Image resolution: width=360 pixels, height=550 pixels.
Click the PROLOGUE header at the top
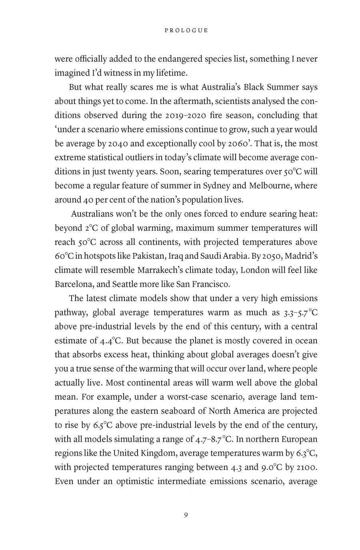[x=186, y=30]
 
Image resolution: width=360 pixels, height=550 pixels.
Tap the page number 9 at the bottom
[x=186, y=515]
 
